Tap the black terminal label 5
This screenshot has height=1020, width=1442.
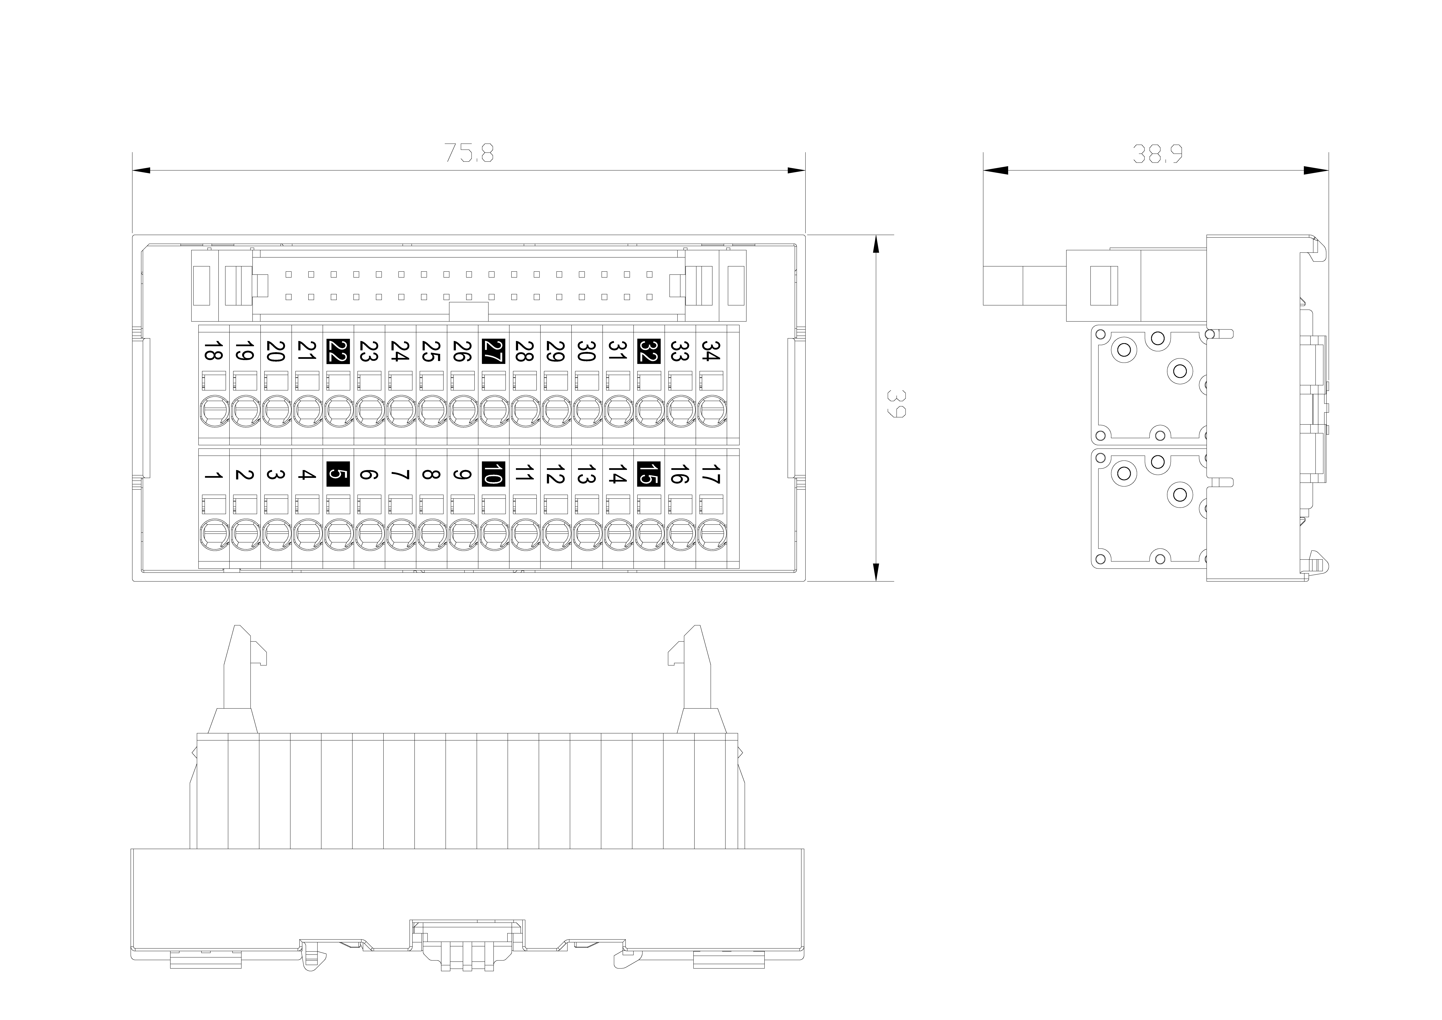click(x=339, y=475)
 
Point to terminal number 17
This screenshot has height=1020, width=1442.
click(x=710, y=475)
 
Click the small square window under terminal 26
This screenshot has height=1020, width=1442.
click(x=462, y=381)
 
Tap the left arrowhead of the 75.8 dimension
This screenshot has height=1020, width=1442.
click(x=141, y=170)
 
